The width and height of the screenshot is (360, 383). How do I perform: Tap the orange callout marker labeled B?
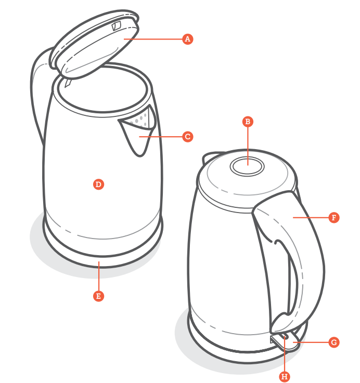(x=248, y=122)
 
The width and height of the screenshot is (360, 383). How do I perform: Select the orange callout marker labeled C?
(x=188, y=137)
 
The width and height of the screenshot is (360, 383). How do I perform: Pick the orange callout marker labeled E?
(x=98, y=296)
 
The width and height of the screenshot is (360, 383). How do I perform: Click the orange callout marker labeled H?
(x=284, y=376)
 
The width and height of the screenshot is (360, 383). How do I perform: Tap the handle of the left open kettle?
(x=39, y=88)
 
